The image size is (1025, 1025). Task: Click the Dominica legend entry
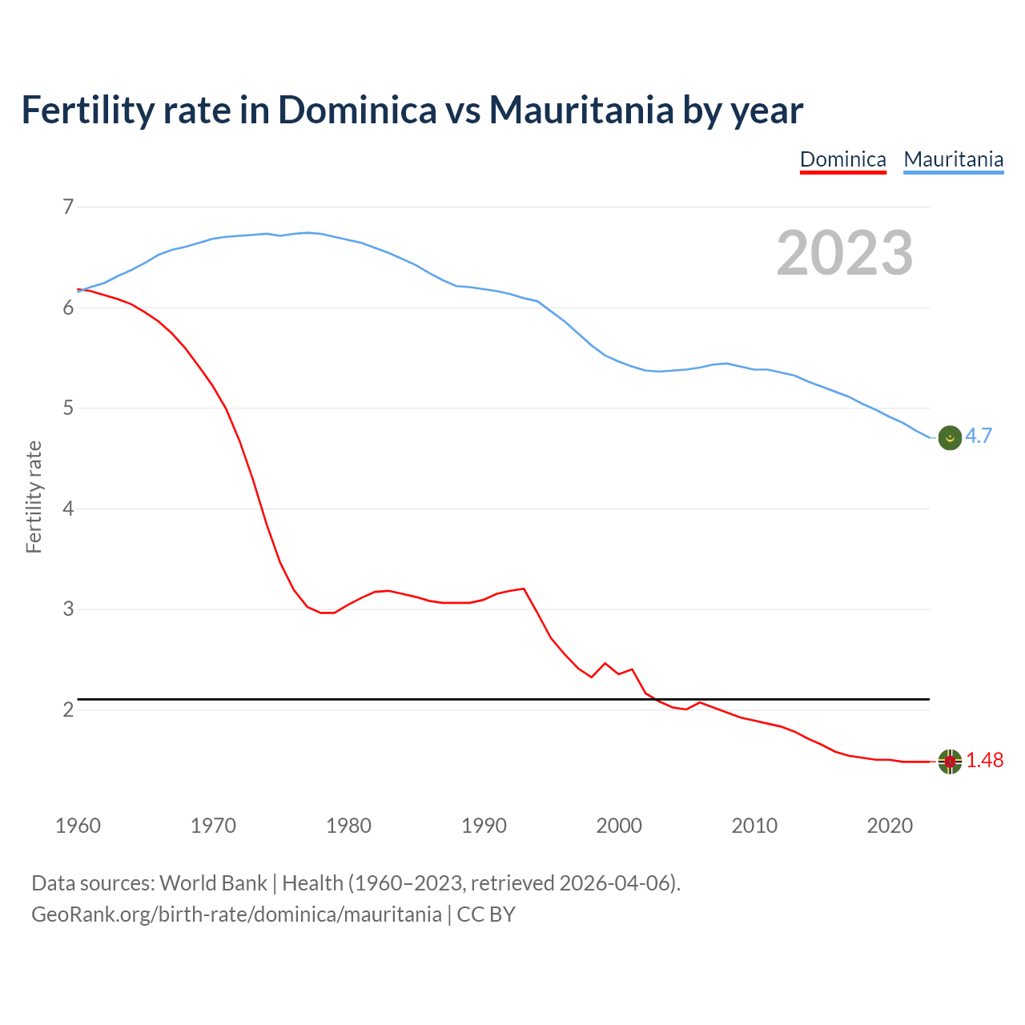tap(842, 159)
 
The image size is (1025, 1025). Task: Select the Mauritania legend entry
tap(953, 159)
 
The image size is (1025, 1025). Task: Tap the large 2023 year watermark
tap(844, 253)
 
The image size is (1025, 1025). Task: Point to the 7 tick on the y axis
tap(68, 207)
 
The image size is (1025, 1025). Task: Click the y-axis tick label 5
tap(68, 408)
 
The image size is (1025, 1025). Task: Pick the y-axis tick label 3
tap(68, 609)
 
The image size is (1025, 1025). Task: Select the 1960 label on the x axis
tap(78, 826)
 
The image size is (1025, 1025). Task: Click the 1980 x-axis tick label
tap(348, 826)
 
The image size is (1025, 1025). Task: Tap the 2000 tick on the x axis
tap(619, 826)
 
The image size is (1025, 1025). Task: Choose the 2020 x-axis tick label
tap(890, 826)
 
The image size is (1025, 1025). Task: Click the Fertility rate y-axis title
tap(34, 496)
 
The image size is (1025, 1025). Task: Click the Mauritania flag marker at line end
tap(950, 438)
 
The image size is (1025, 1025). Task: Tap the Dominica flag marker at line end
tap(950, 762)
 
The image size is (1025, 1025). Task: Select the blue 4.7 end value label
tap(979, 436)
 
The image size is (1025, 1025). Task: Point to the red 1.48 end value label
tap(984, 761)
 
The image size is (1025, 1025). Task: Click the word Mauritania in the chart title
tap(581, 110)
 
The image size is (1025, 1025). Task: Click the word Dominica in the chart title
tap(357, 110)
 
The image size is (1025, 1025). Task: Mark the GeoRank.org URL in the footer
tap(236, 914)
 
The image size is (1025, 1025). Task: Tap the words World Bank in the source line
tap(213, 883)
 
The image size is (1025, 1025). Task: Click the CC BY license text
tap(486, 914)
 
